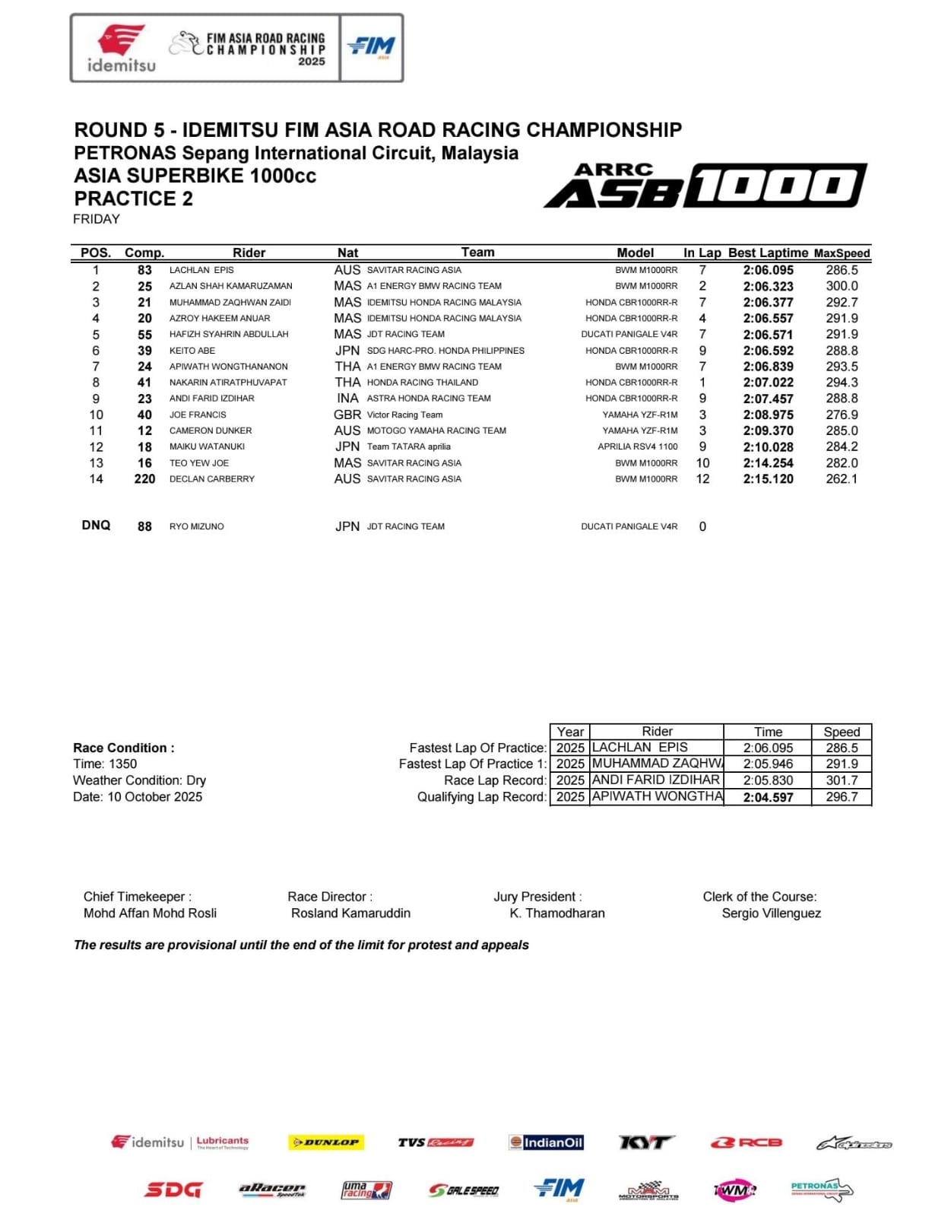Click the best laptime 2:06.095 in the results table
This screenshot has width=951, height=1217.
point(768,270)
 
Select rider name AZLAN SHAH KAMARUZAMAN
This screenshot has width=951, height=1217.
point(230,286)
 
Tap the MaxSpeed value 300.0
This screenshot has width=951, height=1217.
point(842,286)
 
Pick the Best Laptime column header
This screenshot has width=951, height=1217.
point(768,253)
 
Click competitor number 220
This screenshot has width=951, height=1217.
point(144,479)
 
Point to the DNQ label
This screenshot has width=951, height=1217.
point(96,526)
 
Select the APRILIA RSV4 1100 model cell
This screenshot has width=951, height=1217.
point(637,446)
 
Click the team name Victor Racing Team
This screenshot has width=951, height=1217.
point(404,415)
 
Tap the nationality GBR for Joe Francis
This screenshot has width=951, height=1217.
point(347,415)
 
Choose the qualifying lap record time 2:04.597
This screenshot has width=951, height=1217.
point(768,797)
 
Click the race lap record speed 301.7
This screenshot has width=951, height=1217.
point(842,780)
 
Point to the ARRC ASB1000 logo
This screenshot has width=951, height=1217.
point(705,185)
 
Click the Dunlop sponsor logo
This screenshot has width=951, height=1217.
point(326,1142)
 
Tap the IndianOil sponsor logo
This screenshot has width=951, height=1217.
point(546,1142)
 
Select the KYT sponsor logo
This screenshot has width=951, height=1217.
point(645,1142)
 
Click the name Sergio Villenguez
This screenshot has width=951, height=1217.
point(771,913)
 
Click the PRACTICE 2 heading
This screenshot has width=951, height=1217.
point(134,199)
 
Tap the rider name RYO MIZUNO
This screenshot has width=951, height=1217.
point(196,526)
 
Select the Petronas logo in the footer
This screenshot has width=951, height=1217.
point(821,1190)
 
